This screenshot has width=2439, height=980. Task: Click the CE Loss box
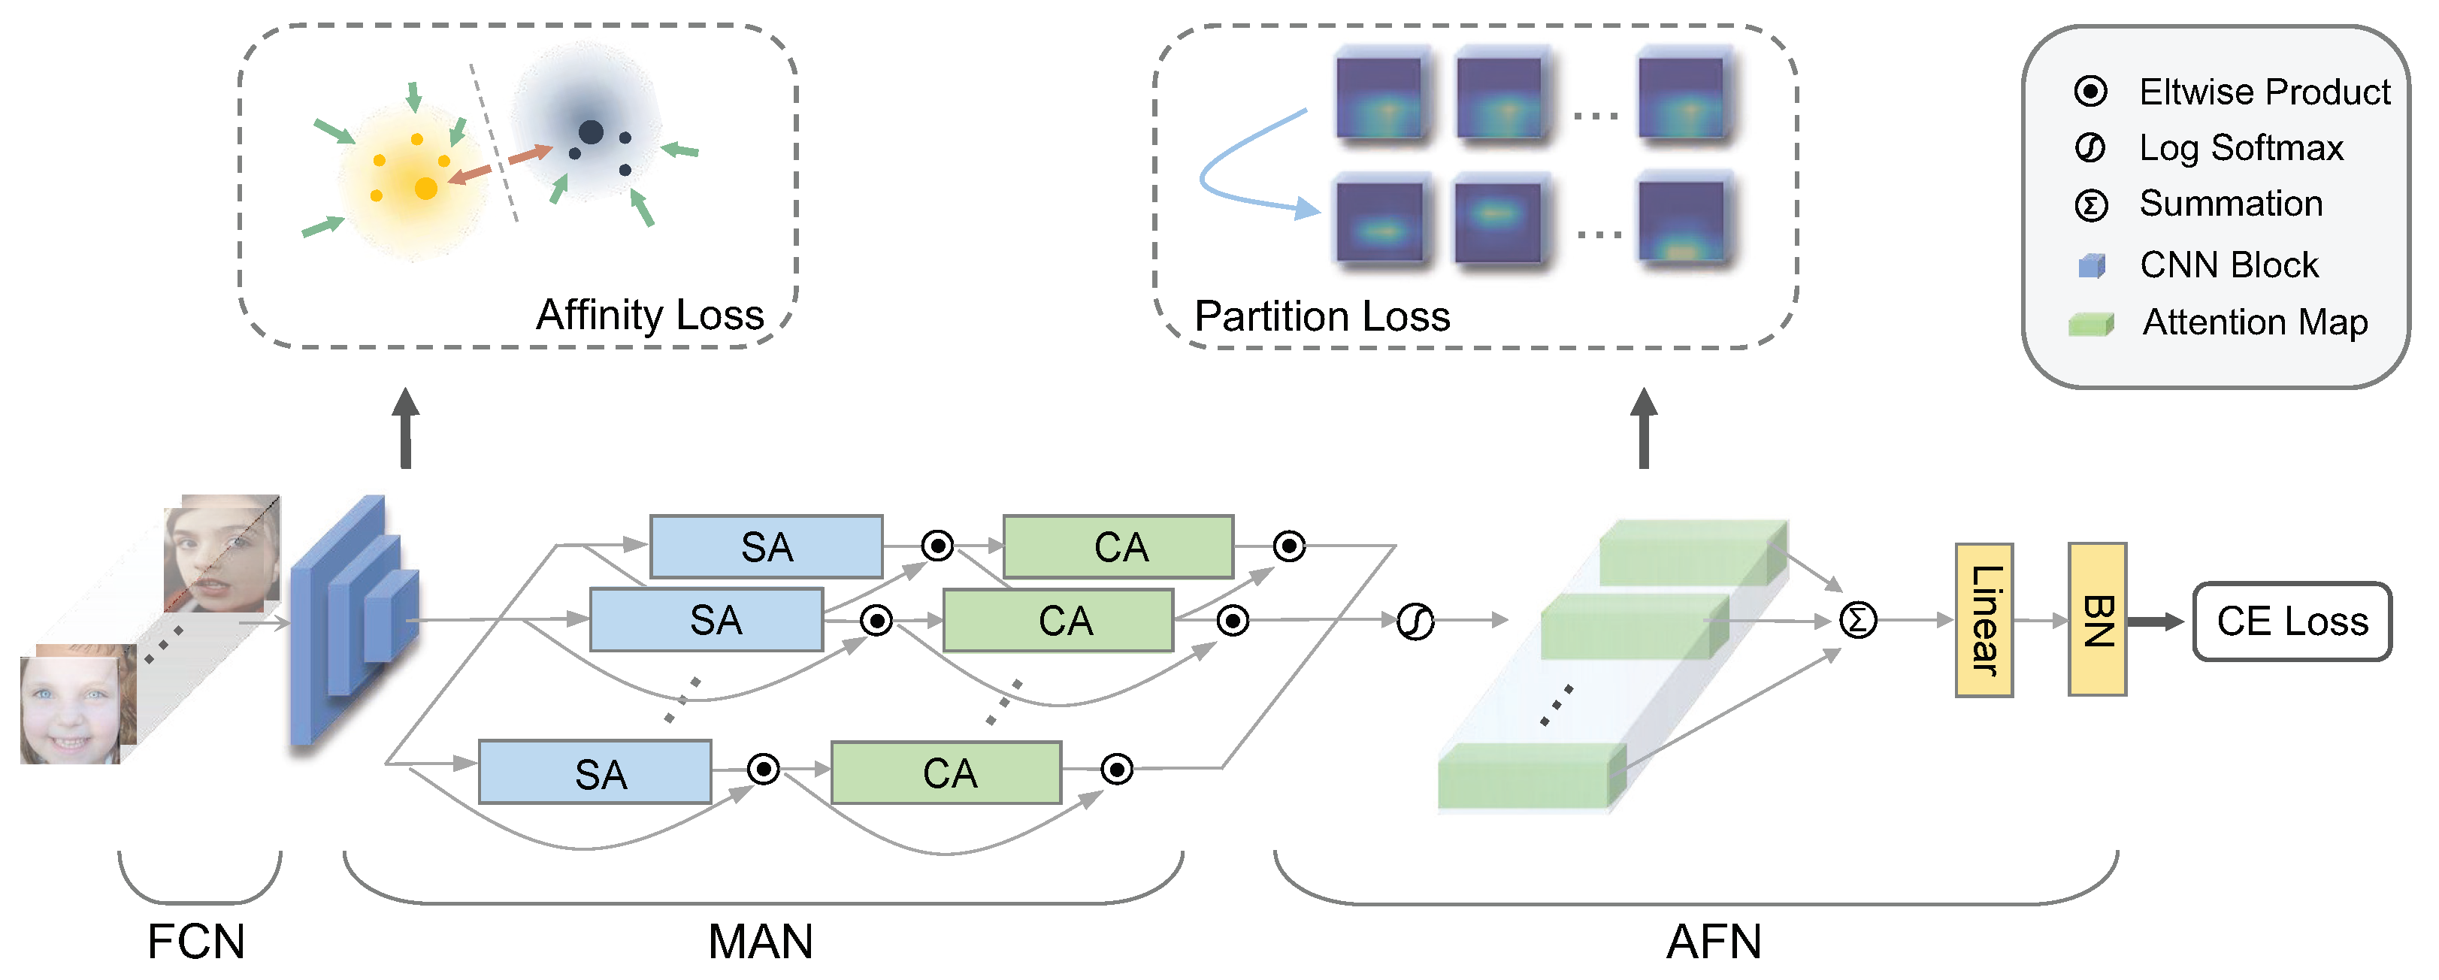pos(2291,621)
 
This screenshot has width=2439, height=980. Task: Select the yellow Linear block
pos(1984,620)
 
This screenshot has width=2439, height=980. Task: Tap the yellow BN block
pos(2096,619)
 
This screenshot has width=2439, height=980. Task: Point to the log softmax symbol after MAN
pos(1415,621)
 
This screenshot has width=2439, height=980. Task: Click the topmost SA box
pos(766,546)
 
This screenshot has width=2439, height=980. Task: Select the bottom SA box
pos(595,773)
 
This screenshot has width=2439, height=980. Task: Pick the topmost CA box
pos(1118,546)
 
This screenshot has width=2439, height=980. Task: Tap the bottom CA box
pos(946,773)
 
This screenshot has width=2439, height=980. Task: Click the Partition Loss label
pos(1322,316)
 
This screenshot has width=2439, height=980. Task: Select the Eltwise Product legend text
pos(2264,92)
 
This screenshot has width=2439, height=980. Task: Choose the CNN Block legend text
pos(2229,265)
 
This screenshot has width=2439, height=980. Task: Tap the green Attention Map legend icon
pos(2090,324)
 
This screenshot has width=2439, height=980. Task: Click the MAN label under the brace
pos(761,941)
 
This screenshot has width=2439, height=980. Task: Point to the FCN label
pos(196,941)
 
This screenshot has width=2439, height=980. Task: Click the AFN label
pos(1714,941)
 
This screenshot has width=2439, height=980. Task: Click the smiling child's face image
pos(73,706)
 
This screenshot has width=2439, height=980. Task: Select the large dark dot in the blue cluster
pos(591,132)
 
